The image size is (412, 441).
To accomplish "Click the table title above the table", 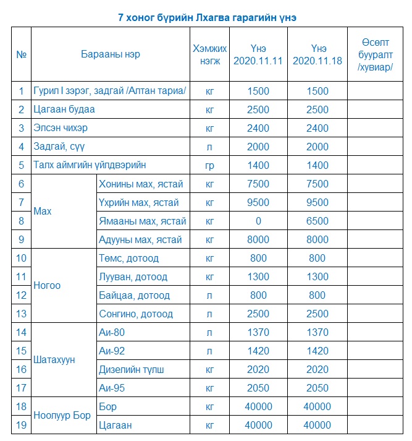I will [206, 17].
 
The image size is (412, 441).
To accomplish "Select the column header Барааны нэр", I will [111, 54].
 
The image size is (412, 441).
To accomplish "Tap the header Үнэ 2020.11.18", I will [317, 54].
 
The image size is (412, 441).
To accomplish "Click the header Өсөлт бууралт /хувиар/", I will [377, 54].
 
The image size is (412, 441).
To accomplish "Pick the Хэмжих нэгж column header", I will [209, 54].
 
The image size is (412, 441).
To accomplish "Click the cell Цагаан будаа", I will [64, 109].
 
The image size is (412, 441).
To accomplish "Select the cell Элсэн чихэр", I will [61, 128].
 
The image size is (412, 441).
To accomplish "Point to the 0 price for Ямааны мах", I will [258, 221].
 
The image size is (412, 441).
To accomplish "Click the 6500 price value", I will [317, 221].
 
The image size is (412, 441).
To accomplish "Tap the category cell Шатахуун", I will [54, 360].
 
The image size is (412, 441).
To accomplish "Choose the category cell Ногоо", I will [47, 286].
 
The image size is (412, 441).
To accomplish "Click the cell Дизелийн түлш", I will [132, 369].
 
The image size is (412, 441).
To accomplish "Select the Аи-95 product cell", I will [112, 388].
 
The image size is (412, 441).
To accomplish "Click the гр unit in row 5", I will [209, 165].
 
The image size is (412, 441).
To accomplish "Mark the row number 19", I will [21, 425].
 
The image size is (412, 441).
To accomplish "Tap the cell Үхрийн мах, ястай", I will [139, 202].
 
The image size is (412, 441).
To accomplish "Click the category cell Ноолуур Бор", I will [62, 416].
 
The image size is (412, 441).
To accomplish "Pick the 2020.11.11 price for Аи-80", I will [258, 332].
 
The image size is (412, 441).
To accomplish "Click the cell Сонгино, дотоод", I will [136, 314].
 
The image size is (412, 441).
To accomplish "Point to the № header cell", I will [21, 54].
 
